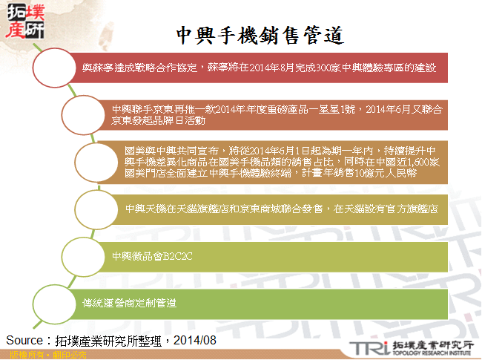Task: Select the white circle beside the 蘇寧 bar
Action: tap(53, 69)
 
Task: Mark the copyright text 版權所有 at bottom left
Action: tap(19, 356)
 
